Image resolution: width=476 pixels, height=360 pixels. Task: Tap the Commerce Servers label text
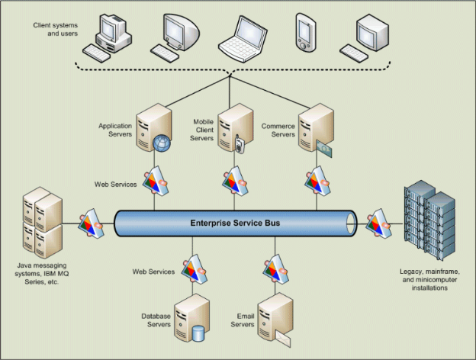point(278,130)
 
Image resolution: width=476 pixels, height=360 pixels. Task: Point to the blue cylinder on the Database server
point(200,333)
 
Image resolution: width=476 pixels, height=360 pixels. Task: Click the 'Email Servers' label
point(243,320)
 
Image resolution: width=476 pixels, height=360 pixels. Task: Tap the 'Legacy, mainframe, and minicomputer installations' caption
point(429,280)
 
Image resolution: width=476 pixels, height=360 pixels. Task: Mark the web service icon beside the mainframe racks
point(379,223)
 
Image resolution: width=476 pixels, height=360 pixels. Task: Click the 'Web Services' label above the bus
point(115,184)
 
